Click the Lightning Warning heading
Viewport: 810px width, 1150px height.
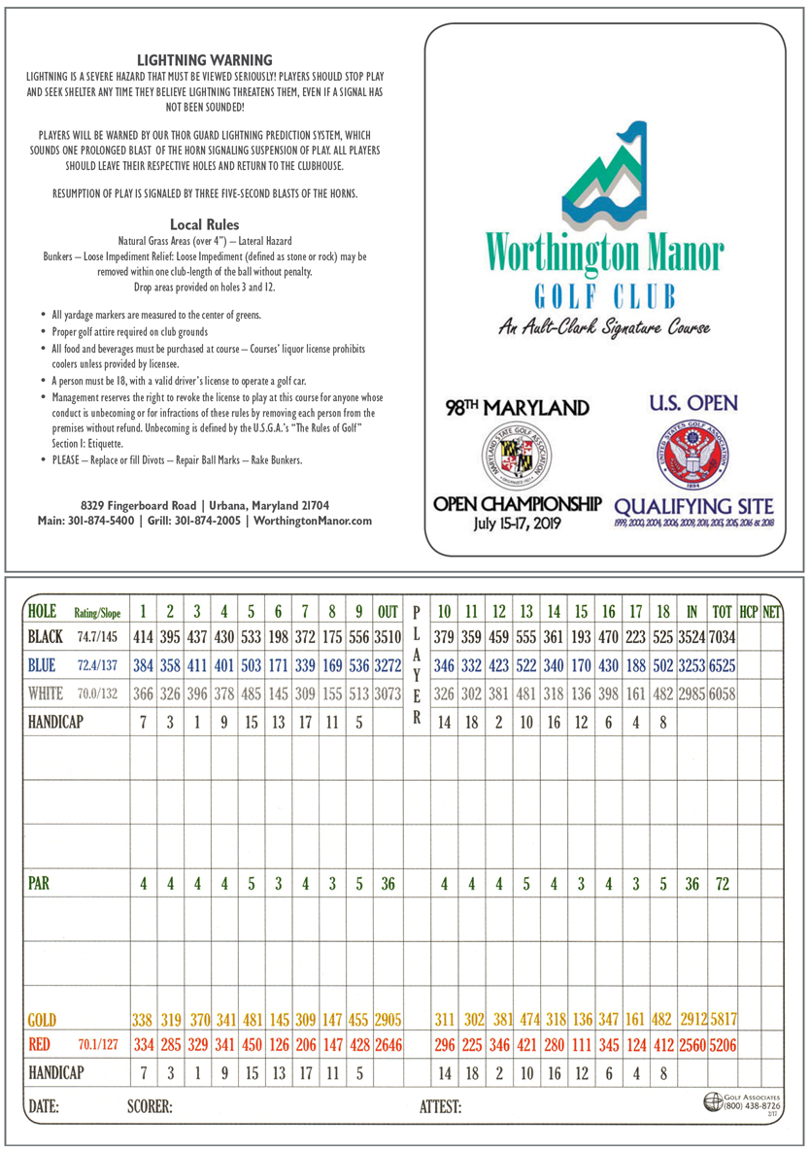click(x=204, y=60)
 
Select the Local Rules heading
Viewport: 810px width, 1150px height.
click(x=204, y=224)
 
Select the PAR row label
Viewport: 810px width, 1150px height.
click(x=39, y=885)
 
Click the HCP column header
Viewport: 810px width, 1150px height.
click(x=748, y=612)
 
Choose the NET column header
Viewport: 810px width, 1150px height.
click(x=771, y=612)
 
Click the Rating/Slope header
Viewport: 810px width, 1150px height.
click(x=97, y=612)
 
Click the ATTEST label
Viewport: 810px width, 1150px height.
click(x=440, y=1105)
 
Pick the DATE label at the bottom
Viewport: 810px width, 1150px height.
click(x=44, y=1105)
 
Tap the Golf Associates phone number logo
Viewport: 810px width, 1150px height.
click(x=743, y=1102)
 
